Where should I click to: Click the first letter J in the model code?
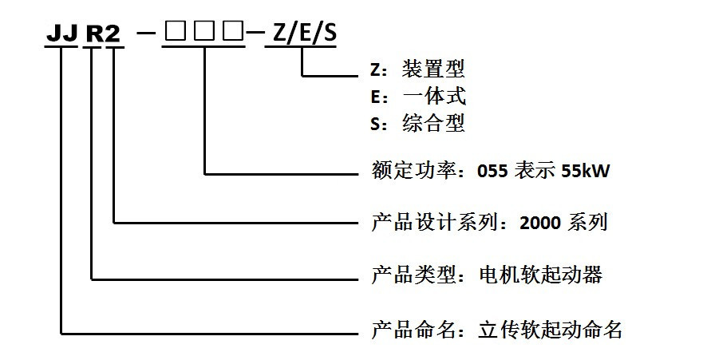(54, 34)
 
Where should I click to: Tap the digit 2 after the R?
(115, 34)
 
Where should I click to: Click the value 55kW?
(587, 171)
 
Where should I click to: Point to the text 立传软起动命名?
(550, 329)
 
